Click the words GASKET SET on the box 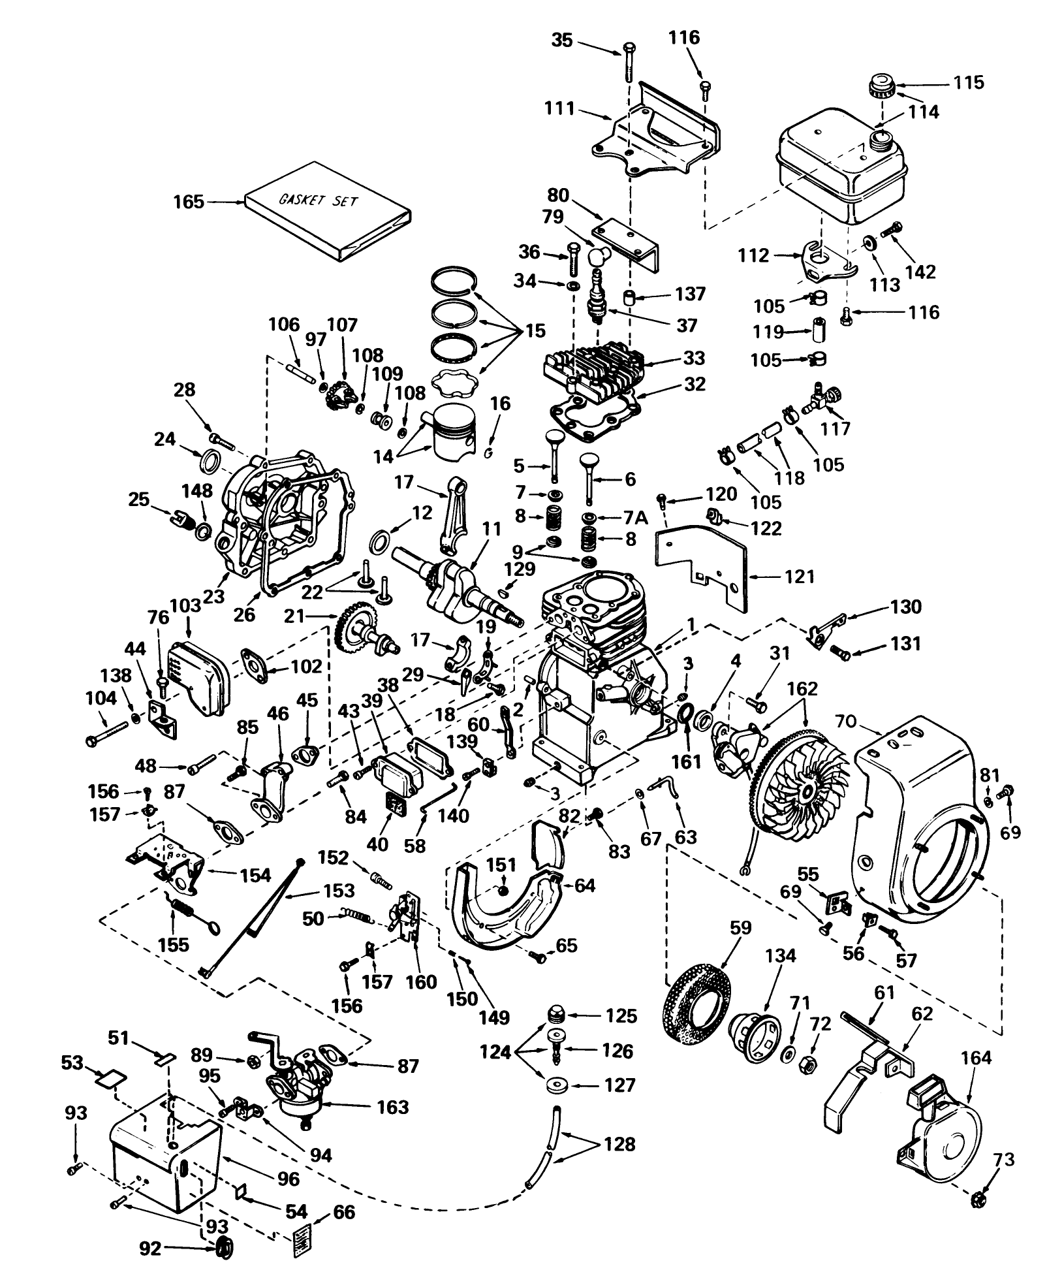coord(318,200)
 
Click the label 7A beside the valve coord(636,518)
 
